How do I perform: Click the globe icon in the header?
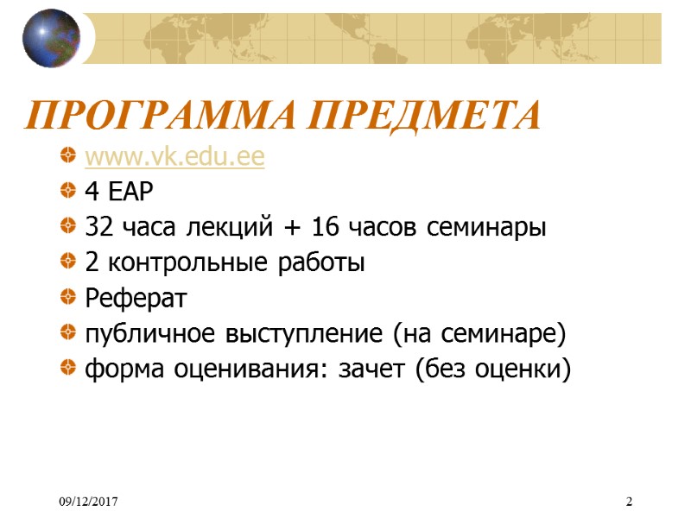[x=51, y=38]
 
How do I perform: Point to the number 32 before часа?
[x=97, y=229]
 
